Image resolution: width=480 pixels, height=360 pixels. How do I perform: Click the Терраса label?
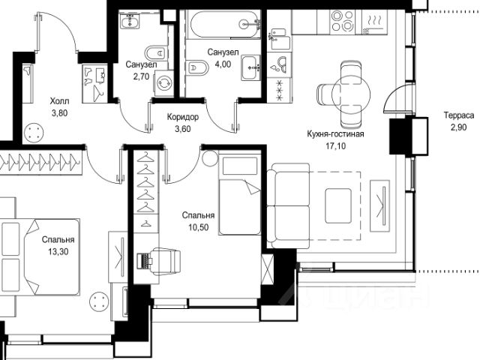(x=459, y=115)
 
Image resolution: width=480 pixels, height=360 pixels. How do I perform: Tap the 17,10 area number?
(x=335, y=146)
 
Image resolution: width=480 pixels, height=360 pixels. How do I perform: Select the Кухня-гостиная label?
(x=335, y=133)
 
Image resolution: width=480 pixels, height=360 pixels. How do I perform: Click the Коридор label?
(x=183, y=117)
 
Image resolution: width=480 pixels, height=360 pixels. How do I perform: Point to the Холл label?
(x=59, y=100)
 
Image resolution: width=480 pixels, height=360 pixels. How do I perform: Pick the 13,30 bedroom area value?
(x=58, y=252)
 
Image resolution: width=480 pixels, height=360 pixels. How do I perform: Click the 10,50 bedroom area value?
(x=198, y=227)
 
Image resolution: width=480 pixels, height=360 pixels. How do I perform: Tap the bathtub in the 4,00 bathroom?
(x=225, y=24)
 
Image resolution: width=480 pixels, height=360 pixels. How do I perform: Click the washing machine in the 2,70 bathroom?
(x=164, y=83)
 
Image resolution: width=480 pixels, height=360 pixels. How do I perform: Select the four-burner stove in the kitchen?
(x=343, y=20)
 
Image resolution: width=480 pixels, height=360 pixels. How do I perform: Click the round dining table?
(x=351, y=94)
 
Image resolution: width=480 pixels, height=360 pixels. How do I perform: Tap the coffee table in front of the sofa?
(x=338, y=205)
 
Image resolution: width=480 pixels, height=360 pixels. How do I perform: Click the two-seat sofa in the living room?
(x=288, y=205)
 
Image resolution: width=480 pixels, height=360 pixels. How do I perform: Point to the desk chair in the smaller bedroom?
(x=165, y=261)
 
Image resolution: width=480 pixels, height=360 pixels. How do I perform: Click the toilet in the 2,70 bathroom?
(x=155, y=53)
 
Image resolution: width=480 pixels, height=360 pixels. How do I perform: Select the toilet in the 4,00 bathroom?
(x=196, y=67)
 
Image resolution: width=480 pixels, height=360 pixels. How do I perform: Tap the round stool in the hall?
(x=33, y=133)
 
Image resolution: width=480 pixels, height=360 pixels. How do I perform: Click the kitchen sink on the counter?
(x=280, y=65)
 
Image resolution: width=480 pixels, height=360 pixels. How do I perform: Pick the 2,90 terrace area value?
(x=458, y=127)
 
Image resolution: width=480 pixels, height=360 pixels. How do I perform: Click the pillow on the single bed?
(x=240, y=166)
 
